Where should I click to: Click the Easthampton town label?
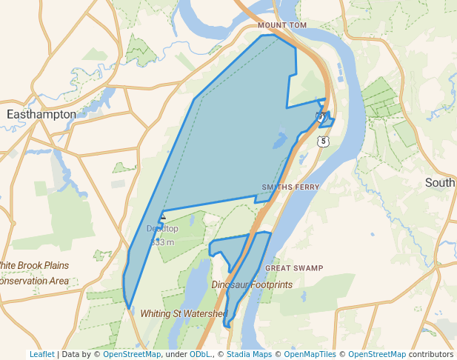pyautogui.click(x=41, y=115)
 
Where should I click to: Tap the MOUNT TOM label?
pyautogui.click(x=282, y=25)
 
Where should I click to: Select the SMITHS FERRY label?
pyautogui.click(x=290, y=187)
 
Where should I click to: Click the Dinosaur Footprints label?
pyautogui.click(x=252, y=284)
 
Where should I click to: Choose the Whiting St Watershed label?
pyautogui.click(x=183, y=313)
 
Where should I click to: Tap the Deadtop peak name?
pyautogui.click(x=162, y=229)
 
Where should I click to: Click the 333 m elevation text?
pyautogui.click(x=162, y=242)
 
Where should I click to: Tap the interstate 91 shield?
pyautogui.click(x=320, y=117)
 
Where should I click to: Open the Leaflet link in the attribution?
pyautogui.click(x=42, y=355)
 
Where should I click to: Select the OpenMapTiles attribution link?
pyautogui.click(x=312, y=355)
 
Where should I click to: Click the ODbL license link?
pyautogui.click(x=200, y=355)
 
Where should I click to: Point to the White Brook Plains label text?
pyautogui.click(x=34, y=266)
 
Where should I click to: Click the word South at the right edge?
pyautogui.click(x=441, y=183)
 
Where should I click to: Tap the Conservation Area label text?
pyautogui.click(x=34, y=281)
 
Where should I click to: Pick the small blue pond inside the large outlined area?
pyautogui.click(x=281, y=139)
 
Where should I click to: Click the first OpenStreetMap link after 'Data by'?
pyautogui.click(x=132, y=355)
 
